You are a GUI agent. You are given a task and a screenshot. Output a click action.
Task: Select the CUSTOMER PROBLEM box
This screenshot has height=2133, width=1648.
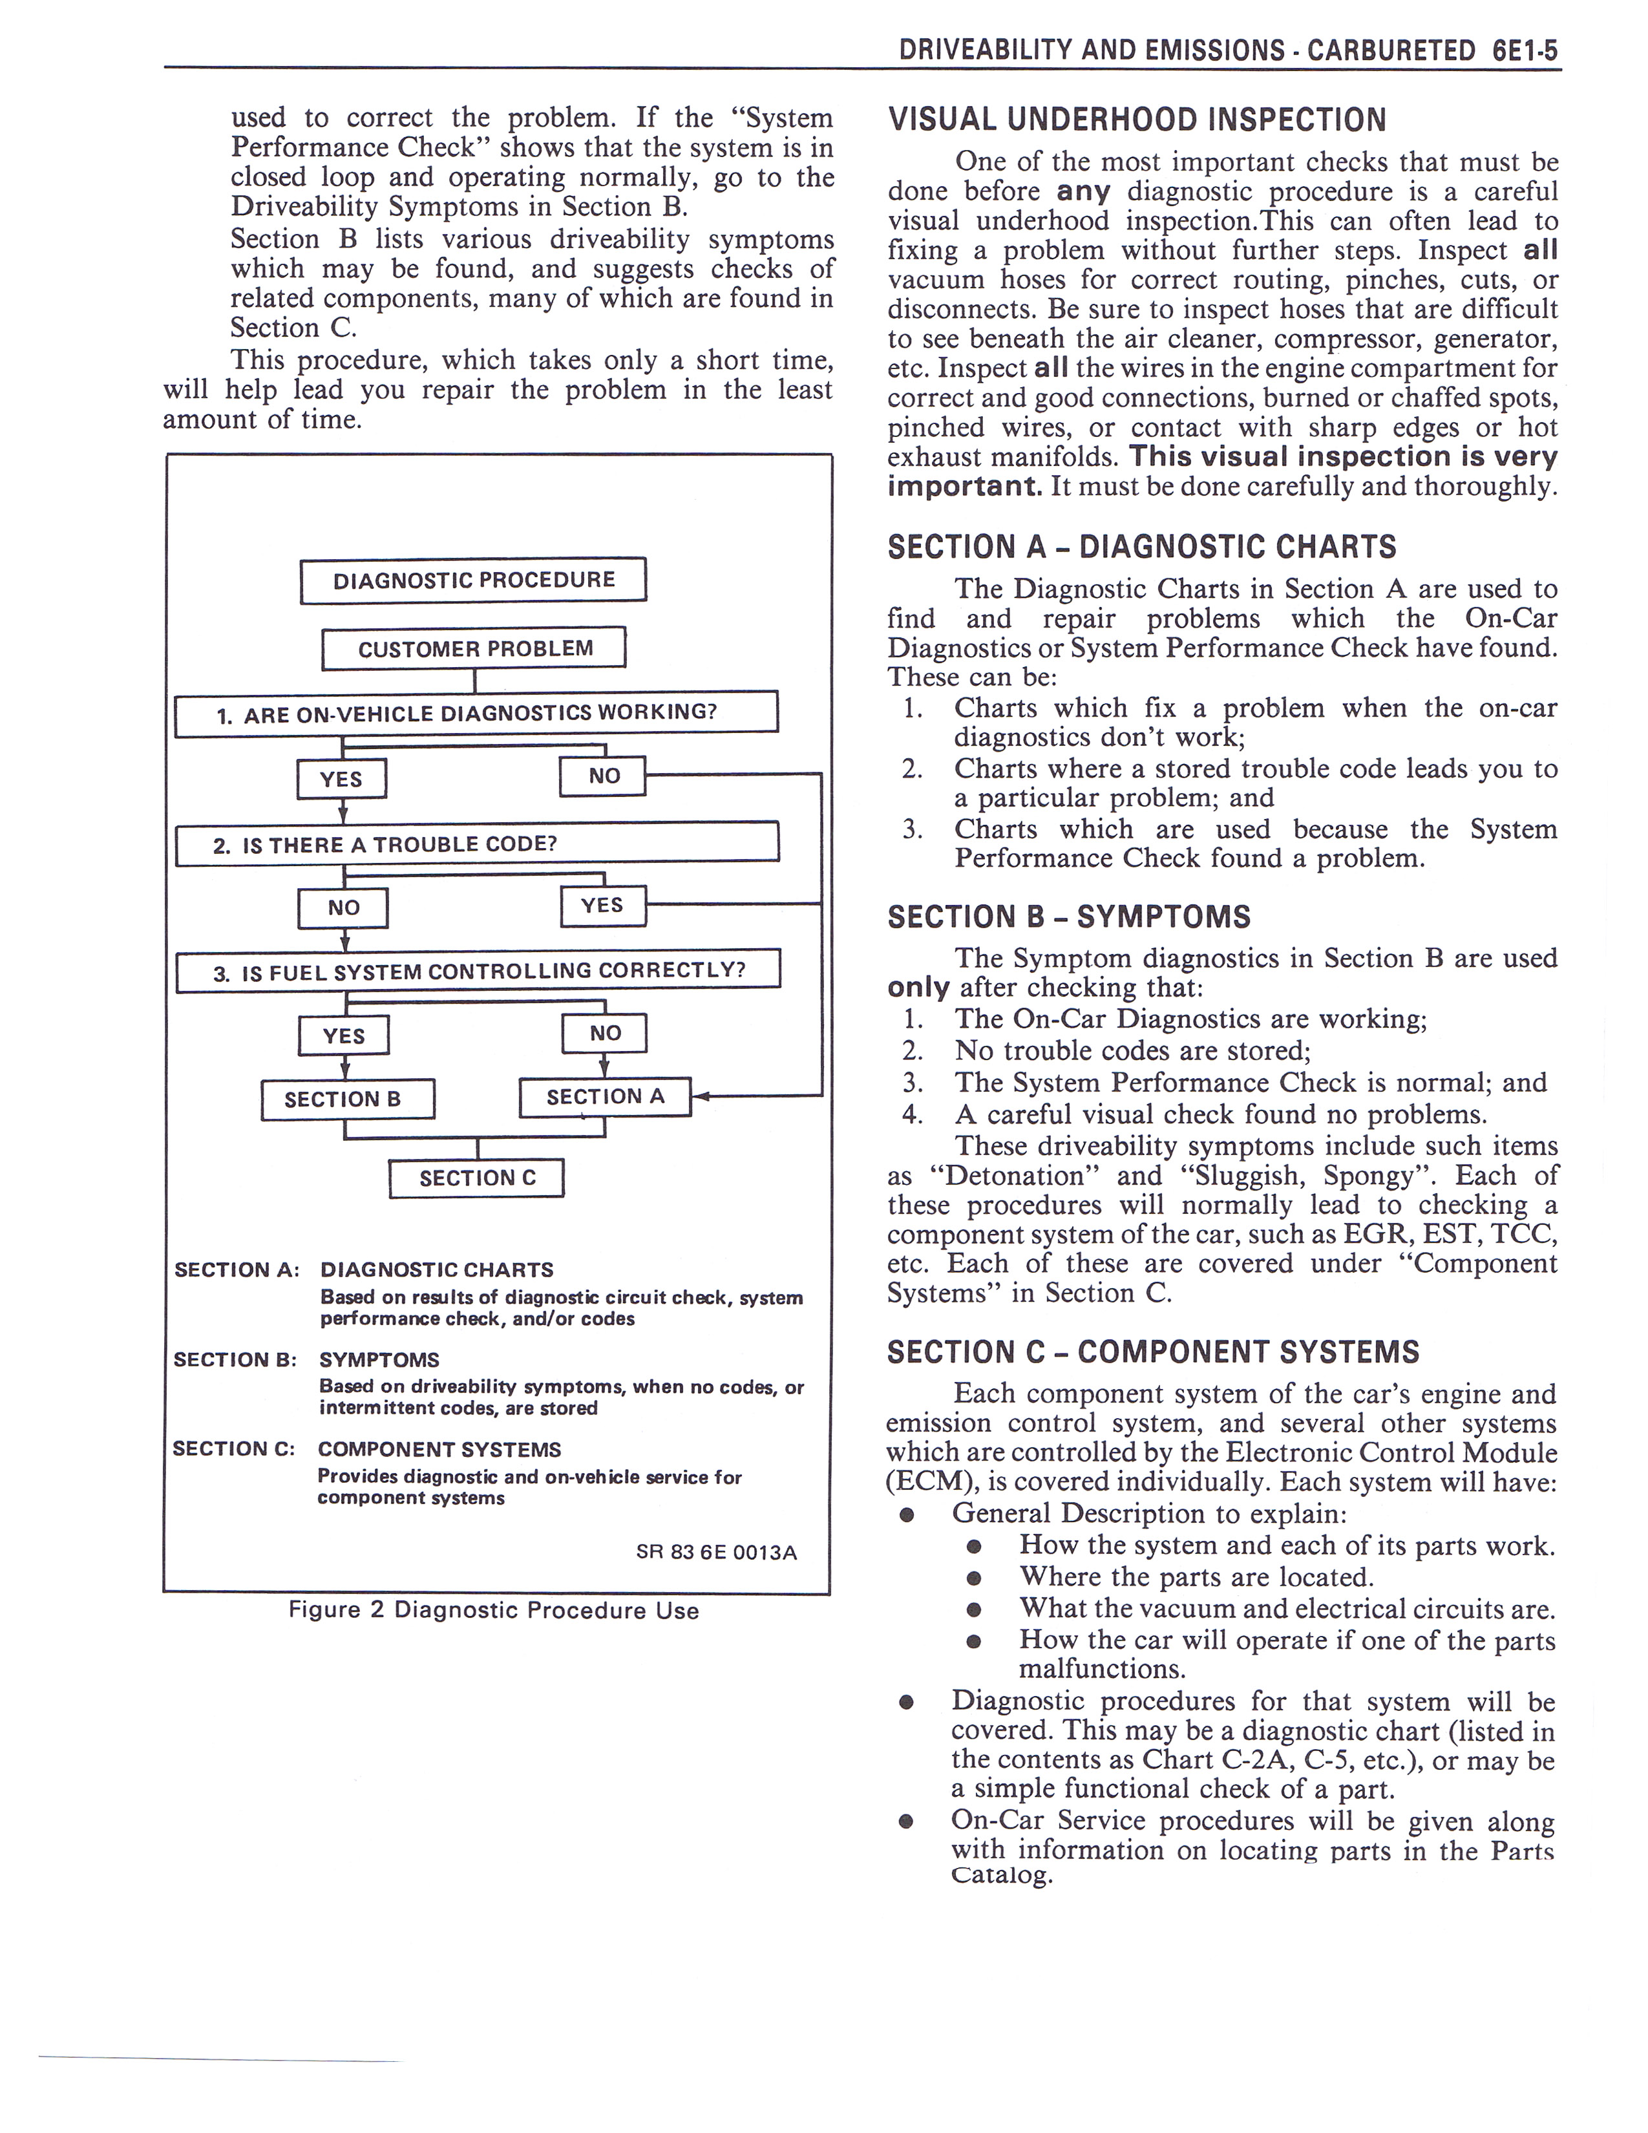tap(474, 648)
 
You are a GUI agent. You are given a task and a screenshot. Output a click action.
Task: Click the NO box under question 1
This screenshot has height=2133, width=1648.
tap(602, 776)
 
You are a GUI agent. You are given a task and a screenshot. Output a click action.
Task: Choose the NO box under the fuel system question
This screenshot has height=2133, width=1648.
tap(604, 1034)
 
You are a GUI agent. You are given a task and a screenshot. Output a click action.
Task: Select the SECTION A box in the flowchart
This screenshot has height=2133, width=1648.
tap(604, 1097)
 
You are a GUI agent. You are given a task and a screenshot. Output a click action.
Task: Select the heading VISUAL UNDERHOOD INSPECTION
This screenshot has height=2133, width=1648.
tap(1136, 120)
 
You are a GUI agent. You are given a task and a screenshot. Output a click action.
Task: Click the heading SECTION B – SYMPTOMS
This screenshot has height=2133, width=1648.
tap(1068, 917)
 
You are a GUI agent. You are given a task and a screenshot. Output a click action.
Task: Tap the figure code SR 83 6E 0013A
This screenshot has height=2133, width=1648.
tap(715, 1553)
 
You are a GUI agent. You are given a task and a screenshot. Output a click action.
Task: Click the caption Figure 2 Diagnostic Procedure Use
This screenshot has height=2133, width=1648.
tap(493, 1611)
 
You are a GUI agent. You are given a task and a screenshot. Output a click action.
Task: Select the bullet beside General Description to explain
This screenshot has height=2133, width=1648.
tap(907, 1515)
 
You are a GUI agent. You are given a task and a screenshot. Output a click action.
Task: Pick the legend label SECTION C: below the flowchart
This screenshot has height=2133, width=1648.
tap(233, 1449)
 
